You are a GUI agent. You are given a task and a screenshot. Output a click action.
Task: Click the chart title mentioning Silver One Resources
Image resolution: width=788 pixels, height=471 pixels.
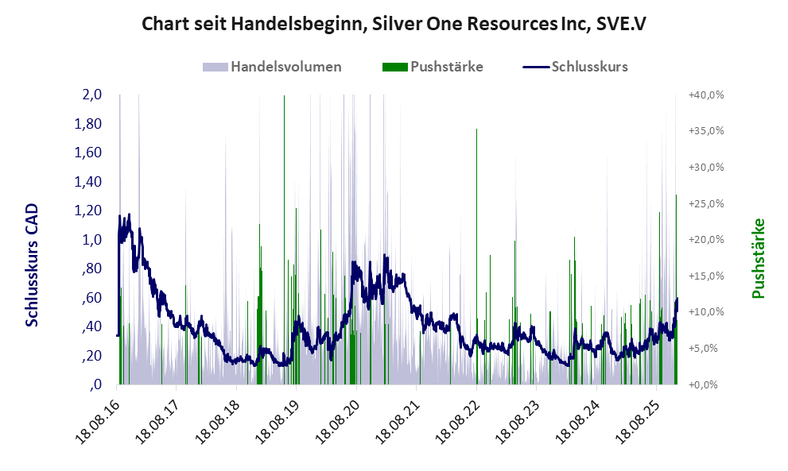394,24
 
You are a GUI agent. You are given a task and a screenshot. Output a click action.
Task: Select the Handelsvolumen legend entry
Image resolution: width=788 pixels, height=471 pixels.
285,67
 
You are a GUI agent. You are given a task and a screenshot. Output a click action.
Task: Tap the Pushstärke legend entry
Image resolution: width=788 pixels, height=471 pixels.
446,67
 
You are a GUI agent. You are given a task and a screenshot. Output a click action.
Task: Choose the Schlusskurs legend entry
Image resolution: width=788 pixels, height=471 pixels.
589,67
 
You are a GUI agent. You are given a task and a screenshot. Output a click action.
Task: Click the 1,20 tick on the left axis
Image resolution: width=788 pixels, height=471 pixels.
88,210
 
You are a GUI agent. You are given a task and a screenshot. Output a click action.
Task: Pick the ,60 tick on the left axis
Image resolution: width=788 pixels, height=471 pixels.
91,298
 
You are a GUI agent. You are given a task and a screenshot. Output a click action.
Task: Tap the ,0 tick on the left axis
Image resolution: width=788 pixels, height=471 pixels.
95,384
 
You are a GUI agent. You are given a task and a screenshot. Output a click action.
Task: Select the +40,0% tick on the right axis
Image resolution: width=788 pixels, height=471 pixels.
705,95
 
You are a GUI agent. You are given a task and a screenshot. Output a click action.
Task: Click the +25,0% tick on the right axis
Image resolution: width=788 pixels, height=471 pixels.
705,203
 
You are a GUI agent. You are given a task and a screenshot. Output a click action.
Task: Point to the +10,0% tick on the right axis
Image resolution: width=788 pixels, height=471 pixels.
705,312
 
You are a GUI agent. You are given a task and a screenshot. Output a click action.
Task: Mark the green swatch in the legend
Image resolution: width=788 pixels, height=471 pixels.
394,67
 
